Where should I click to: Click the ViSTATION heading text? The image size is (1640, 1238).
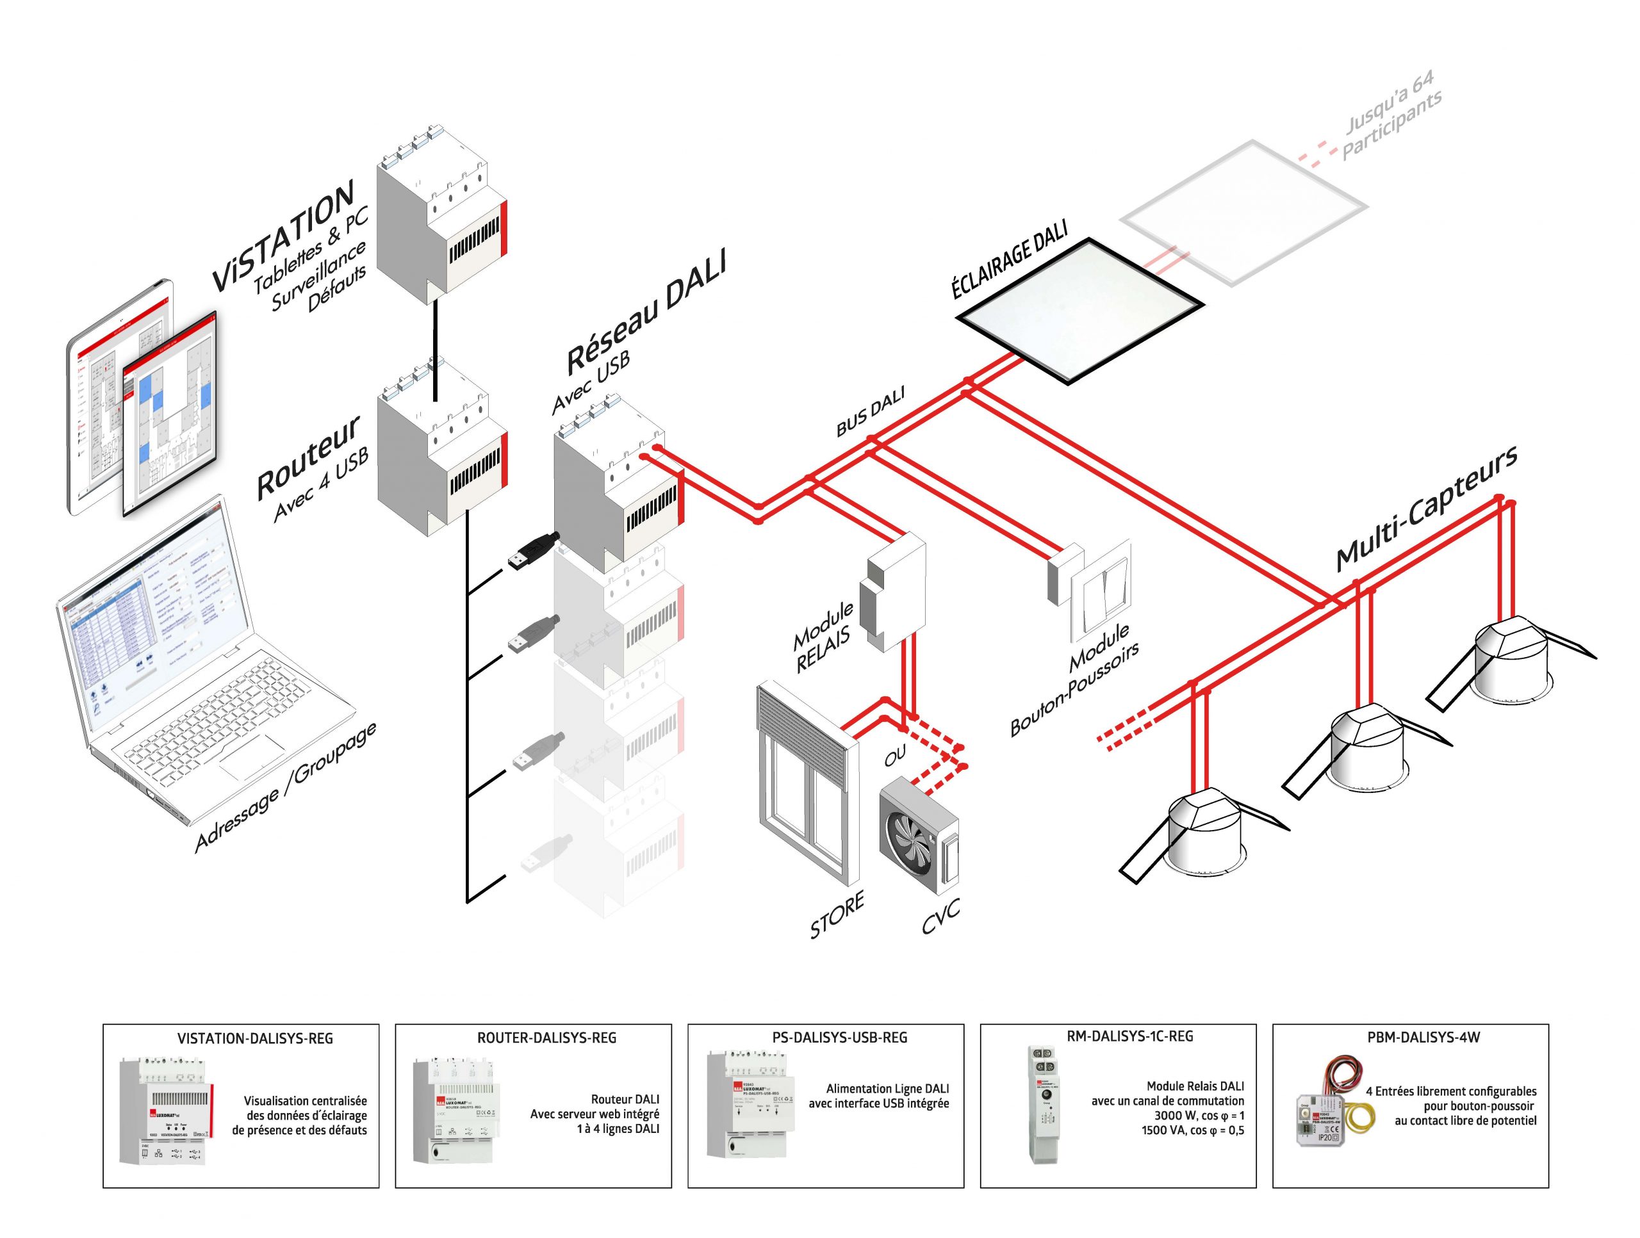pyautogui.click(x=284, y=235)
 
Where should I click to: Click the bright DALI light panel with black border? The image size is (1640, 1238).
pyautogui.click(x=1079, y=311)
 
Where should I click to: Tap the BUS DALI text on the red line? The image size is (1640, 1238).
pyautogui.click(x=871, y=413)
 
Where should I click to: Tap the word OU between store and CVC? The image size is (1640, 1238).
pyautogui.click(x=895, y=756)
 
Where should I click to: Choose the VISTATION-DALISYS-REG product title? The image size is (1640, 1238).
pyautogui.click(x=255, y=1039)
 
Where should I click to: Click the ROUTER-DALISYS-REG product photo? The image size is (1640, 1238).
pyautogui.click(x=453, y=1110)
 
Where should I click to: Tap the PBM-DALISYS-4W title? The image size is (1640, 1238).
pyautogui.click(x=1423, y=1038)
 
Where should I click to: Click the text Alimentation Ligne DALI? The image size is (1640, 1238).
pyautogui.click(x=887, y=1088)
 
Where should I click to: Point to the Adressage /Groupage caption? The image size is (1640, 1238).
pyautogui.click(x=286, y=787)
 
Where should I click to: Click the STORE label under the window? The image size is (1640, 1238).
pyautogui.click(x=836, y=915)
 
